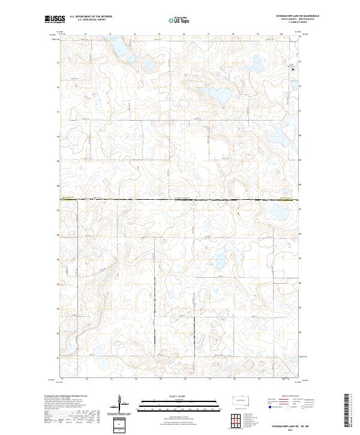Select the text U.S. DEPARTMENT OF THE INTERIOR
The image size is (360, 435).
pyautogui.click(x=88, y=17)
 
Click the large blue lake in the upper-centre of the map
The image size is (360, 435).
pyautogui.click(x=220, y=95)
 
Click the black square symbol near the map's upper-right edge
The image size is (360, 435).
pyautogui.click(x=293, y=70)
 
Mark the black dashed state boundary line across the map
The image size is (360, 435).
pyautogui.click(x=180, y=199)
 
